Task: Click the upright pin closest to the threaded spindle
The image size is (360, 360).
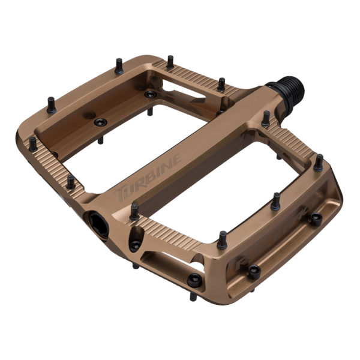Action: [x=265, y=118]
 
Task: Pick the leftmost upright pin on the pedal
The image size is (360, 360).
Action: [x=32, y=143]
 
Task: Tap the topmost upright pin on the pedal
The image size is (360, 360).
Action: [x=170, y=61]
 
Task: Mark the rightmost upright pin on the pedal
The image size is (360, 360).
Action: [x=319, y=161]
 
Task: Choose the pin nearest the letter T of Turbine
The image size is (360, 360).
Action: [x=133, y=211]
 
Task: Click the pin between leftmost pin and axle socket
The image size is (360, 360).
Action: [x=71, y=181]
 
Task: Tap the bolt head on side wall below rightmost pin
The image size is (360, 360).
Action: [x=314, y=219]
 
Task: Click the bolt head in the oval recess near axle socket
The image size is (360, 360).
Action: [x=135, y=245]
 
